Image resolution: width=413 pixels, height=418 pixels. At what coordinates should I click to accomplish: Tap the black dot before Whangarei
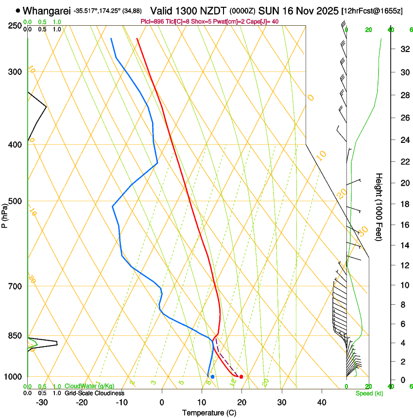(x=18, y=10)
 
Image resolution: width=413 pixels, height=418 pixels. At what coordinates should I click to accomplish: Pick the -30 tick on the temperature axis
(x=42, y=402)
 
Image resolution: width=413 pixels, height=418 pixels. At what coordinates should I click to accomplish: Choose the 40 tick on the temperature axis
(x=322, y=402)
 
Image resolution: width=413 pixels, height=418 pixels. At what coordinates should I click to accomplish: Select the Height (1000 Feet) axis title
(x=379, y=207)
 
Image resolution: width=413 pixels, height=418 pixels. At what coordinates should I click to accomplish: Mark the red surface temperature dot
(x=241, y=377)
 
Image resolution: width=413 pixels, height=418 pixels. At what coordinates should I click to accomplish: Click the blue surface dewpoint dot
(x=212, y=377)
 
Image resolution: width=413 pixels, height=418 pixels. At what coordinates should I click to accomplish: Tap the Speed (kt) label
(x=369, y=393)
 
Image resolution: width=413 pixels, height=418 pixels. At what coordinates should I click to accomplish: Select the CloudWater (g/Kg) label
(x=89, y=386)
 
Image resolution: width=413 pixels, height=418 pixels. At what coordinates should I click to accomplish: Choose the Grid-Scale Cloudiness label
(x=94, y=393)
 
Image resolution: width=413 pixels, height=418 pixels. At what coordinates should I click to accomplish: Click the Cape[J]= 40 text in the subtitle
(x=263, y=21)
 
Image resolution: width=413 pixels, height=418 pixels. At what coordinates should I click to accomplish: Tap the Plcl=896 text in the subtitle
(x=152, y=21)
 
